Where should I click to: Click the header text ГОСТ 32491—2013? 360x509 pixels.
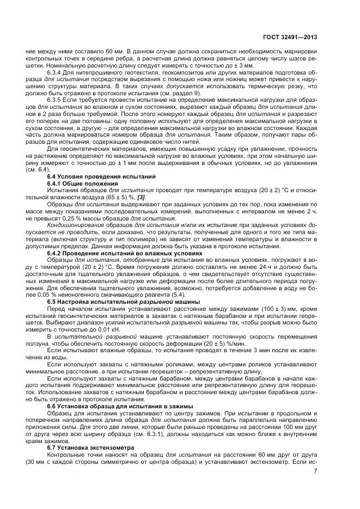[291, 37]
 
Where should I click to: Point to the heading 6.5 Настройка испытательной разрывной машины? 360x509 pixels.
[114, 301]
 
